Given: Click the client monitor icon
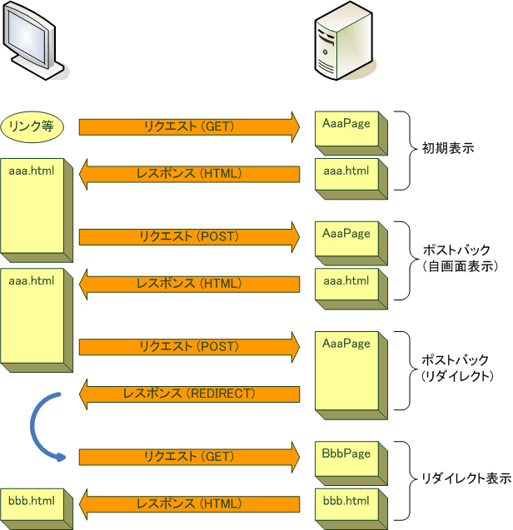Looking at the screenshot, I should coord(33,42).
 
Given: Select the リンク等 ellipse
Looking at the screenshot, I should coord(32,126).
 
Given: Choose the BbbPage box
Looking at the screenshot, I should coord(348,464).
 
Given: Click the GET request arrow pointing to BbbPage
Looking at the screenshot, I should coord(189,456).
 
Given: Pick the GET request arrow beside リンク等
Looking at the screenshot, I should coord(189,126).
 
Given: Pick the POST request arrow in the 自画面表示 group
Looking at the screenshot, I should coord(189,236).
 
